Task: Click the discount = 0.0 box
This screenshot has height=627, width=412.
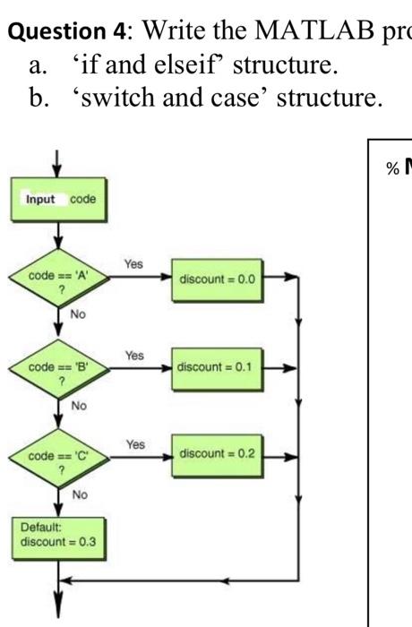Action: pyautogui.click(x=217, y=279)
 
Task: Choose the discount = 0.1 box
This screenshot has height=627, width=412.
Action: pyautogui.click(x=217, y=367)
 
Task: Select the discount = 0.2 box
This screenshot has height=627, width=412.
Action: pyautogui.click(x=217, y=453)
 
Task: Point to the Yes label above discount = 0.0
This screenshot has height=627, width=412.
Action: pyautogui.click(x=133, y=264)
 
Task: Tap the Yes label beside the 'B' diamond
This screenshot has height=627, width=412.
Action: pyautogui.click(x=133, y=355)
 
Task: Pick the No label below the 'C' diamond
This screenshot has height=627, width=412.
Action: pyautogui.click(x=80, y=494)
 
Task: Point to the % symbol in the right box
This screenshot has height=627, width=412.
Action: pyautogui.click(x=391, y=170)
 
